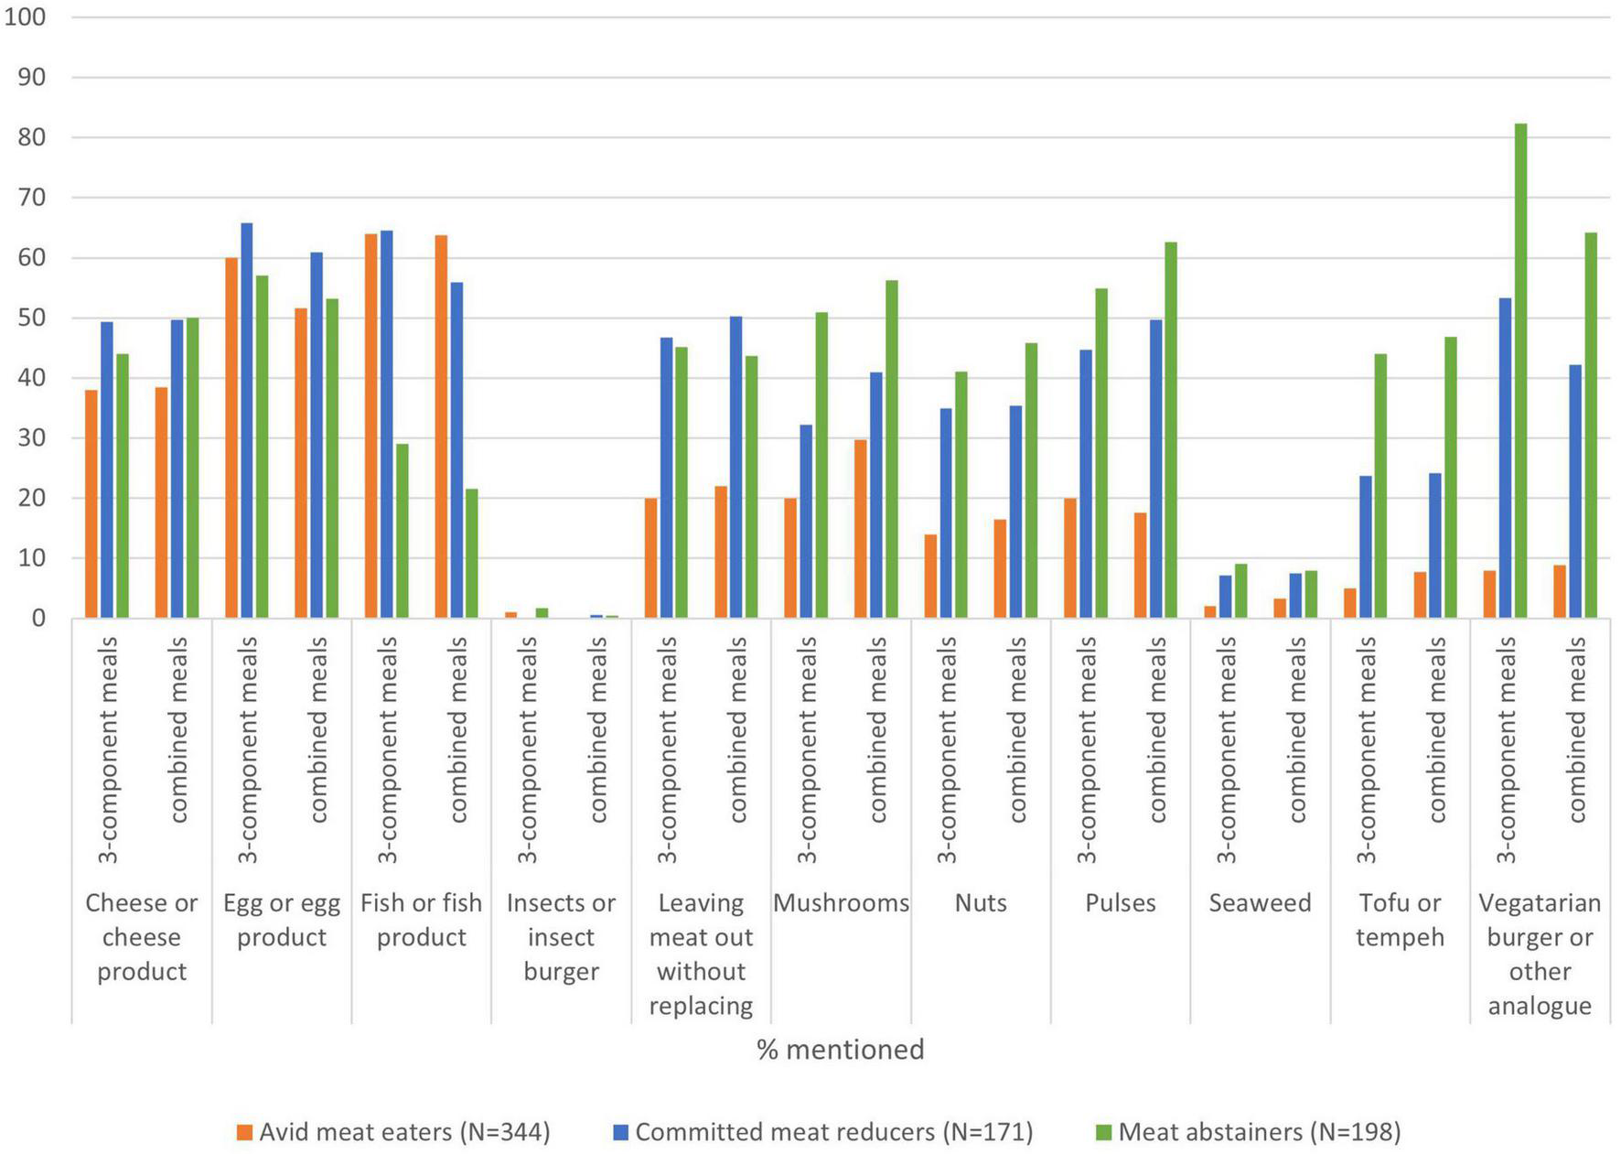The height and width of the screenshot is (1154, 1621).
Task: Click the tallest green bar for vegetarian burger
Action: click(x=1520, y=371)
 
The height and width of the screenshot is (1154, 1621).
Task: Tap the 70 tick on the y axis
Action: click(x=31, y=198)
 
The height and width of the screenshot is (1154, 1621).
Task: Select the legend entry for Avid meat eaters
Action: click(x=393, y=1132)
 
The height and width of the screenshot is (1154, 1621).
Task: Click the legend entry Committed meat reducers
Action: click(x=823, y=1132)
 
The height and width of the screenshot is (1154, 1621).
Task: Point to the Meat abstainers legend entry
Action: click(x=1249, y=1132)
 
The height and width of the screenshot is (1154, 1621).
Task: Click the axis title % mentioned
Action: click(x=840, y=1049)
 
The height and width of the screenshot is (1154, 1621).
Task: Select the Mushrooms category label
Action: click(x=841, y=903)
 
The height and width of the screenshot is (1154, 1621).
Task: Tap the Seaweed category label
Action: click(x=1260, y=903)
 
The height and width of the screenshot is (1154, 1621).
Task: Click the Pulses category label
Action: click(x=1120, y=903)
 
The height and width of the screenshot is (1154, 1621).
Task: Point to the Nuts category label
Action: click(x=981, y=903)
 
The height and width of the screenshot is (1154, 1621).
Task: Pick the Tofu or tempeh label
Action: click(x=1400, y=920)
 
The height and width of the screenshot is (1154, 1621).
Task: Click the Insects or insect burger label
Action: click(x=561, y=936)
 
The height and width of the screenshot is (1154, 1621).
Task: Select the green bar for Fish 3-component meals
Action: click(x=403, y=531)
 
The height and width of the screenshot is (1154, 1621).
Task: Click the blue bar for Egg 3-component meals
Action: click(x=247, y=421)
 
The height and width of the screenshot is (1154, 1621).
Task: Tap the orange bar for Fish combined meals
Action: click(x=441, y=426)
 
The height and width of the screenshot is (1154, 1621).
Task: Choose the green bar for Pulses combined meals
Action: click(x=1171, y=430)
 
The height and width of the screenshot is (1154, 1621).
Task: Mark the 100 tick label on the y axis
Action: click(x=25, y=17)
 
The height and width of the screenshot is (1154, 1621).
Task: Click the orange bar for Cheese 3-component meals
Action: click(x=91, y=503)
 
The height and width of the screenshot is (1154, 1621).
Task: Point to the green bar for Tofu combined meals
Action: click(x=1450, y=478)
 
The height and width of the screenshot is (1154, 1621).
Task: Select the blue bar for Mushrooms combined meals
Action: click(x=876, y=495)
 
